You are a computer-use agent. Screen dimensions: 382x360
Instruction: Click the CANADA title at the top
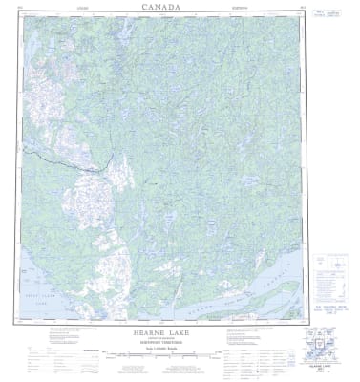pyautogui.click(x=180, y=8)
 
